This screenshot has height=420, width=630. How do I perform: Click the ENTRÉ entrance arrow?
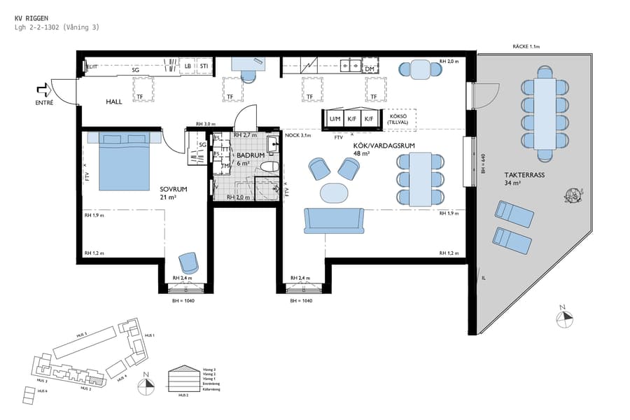[43, 90]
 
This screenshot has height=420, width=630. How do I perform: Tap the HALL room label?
[114, 101]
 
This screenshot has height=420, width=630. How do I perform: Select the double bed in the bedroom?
[125, 161]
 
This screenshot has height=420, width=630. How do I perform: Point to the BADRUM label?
[250, 155]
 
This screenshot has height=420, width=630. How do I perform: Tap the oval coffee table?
[333, 192]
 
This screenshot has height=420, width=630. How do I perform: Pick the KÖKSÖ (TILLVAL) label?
[398, 119]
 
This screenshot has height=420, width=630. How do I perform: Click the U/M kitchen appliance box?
[335, 119]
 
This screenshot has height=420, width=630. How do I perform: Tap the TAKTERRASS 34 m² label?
[519, 179]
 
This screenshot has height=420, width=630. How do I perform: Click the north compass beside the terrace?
[564, 318]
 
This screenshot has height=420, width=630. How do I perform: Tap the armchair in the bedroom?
[188, 262]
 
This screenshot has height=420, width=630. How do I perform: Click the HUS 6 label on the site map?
[42, 391]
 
